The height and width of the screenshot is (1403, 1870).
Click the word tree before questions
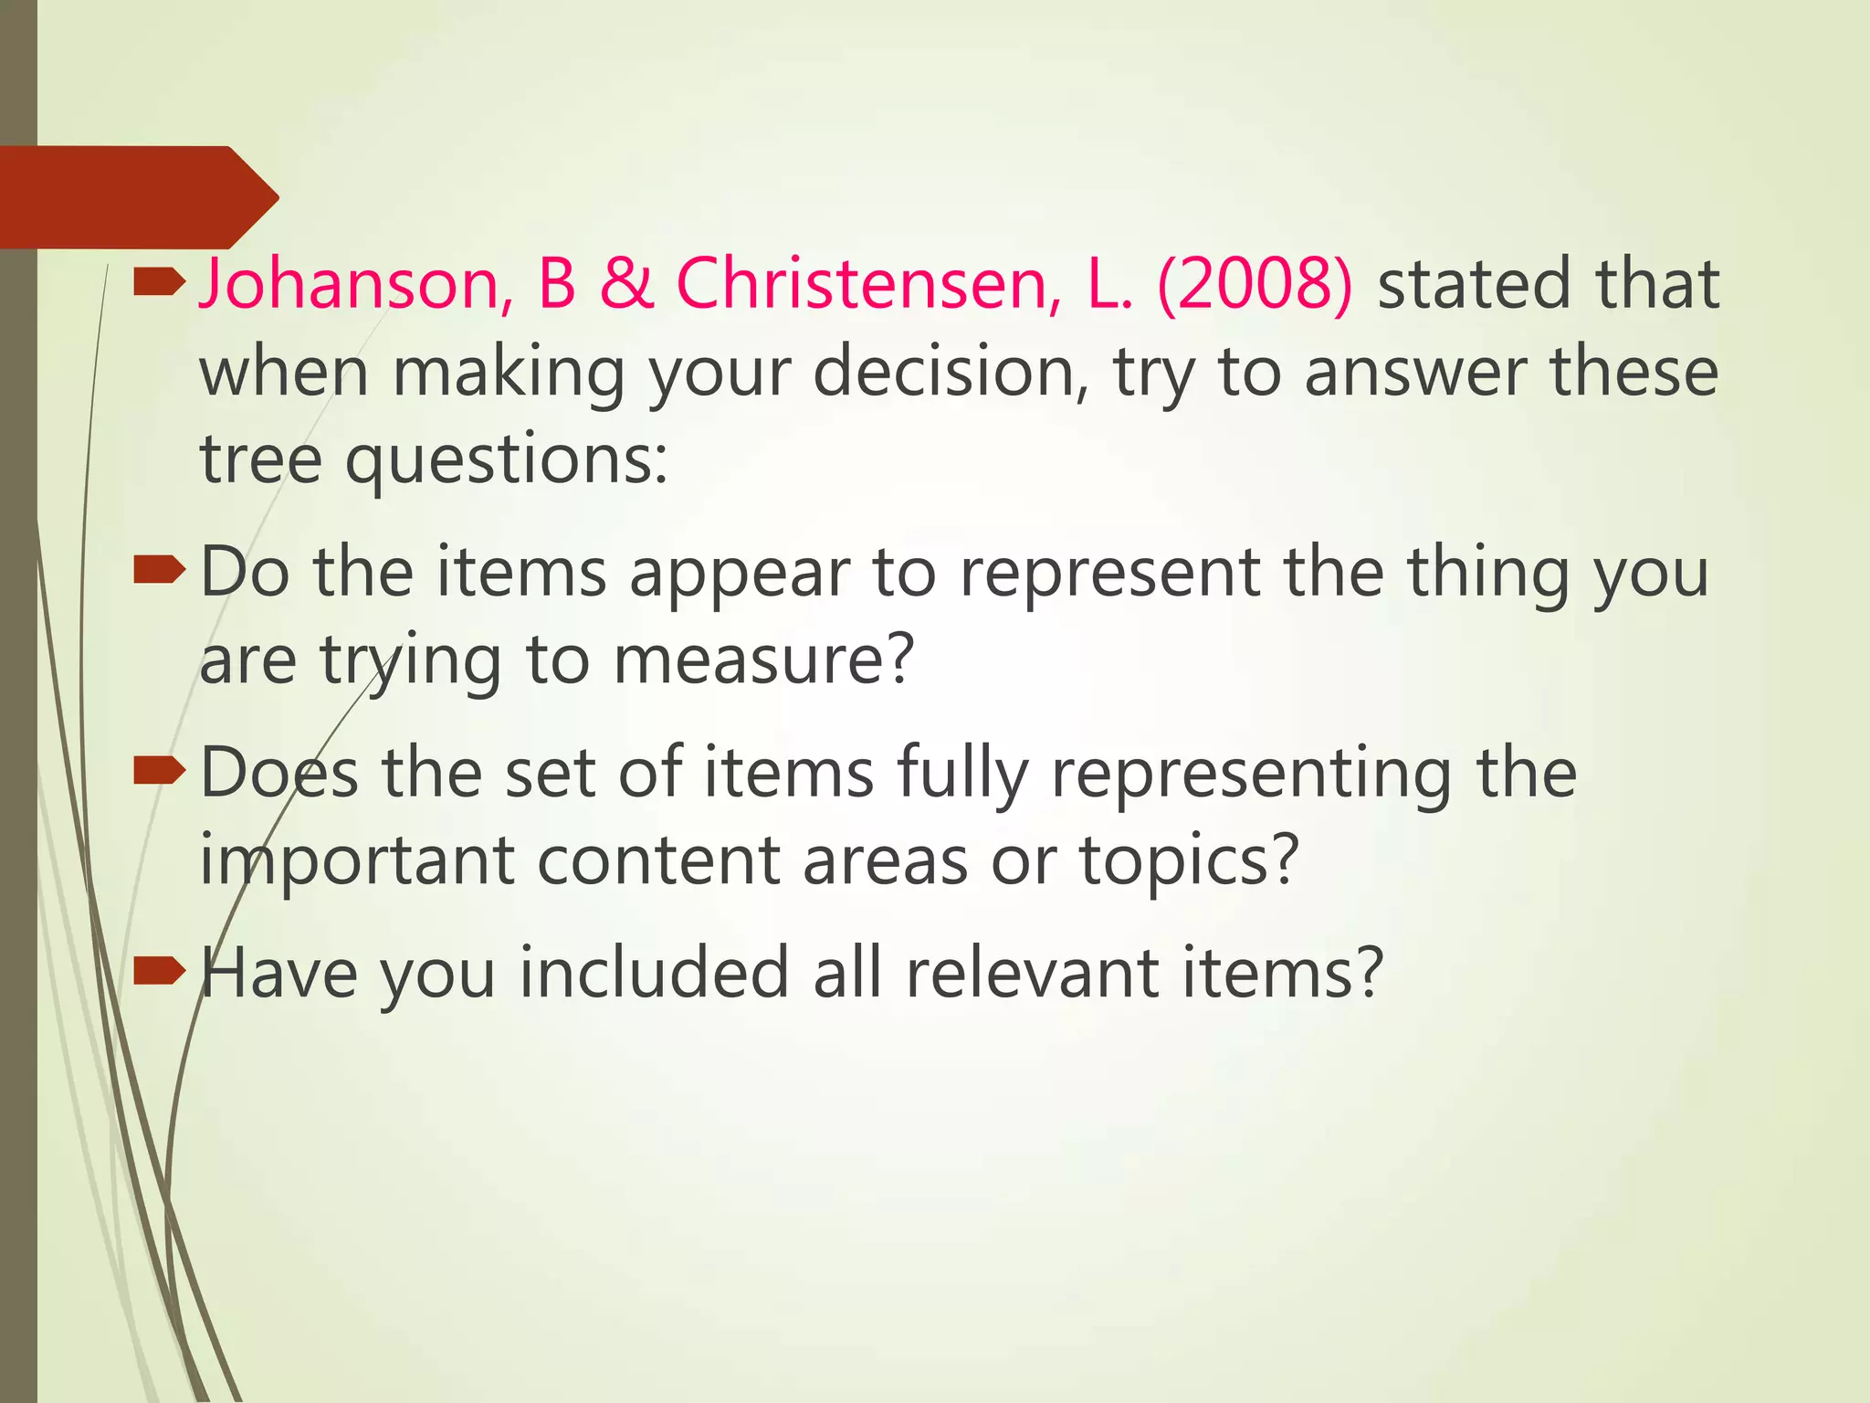pos(261,459)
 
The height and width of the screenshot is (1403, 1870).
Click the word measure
pos(762,659)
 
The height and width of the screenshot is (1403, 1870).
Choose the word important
pos(357,860)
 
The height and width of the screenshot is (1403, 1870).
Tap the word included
pos(654,972)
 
